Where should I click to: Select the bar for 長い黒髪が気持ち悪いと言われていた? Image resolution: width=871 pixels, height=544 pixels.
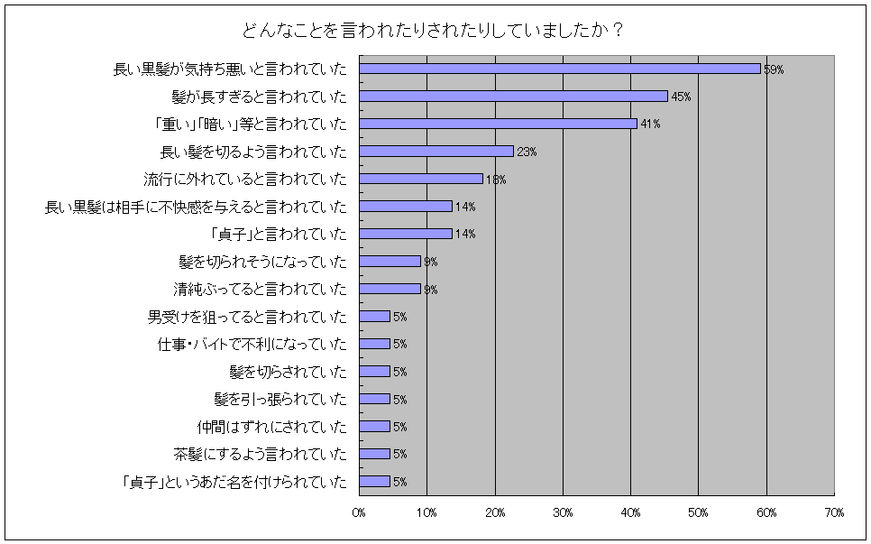pyautogui.click(x=559, y=69)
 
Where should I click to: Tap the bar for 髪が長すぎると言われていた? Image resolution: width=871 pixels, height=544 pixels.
pyautogui.click(x=512, y=97)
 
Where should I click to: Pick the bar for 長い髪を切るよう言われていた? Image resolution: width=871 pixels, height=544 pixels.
pyautogui.click(x=435, y=152)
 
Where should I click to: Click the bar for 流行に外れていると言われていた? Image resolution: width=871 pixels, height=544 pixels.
pyautogui.click(x=420, y=179)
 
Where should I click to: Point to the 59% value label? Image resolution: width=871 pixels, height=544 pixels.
pyautogui.click(x=774, y=69)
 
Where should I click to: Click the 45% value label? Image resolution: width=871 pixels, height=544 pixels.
pyautogui.click(x=681, y=97)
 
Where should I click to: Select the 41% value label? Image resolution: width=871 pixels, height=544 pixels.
pyautogui.click(x=651, y=124)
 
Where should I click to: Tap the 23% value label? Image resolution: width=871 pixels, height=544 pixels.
pyautogui.click(x=527, y=152)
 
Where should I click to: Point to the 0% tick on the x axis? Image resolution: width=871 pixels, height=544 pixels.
pyautogui.click(x=359, y=512)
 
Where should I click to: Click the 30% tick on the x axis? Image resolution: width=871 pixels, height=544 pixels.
pyautogui.click(x=563, y=512)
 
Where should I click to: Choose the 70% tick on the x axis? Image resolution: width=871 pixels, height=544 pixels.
pyautogui.click(x=834, y=512)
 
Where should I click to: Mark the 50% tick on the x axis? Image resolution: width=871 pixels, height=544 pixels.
pyautogui.click(x=699, y=512)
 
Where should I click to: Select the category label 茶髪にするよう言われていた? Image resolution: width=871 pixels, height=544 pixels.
pyautogui.click(x=260, y=454)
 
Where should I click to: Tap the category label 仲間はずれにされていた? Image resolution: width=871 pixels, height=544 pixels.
pyautogui.click(x=271, y=426)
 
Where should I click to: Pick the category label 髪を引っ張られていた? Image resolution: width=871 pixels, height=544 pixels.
pyautogui.click(x=280, y=399)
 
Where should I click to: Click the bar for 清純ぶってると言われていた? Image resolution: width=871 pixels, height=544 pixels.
pyautogui.click(x=390, y=289)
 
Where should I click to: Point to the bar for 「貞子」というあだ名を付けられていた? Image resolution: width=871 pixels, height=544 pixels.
pyautogui.click(x=374, y=481)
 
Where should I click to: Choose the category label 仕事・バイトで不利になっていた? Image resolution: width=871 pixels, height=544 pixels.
pyautogui.click(x=252, y=344)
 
